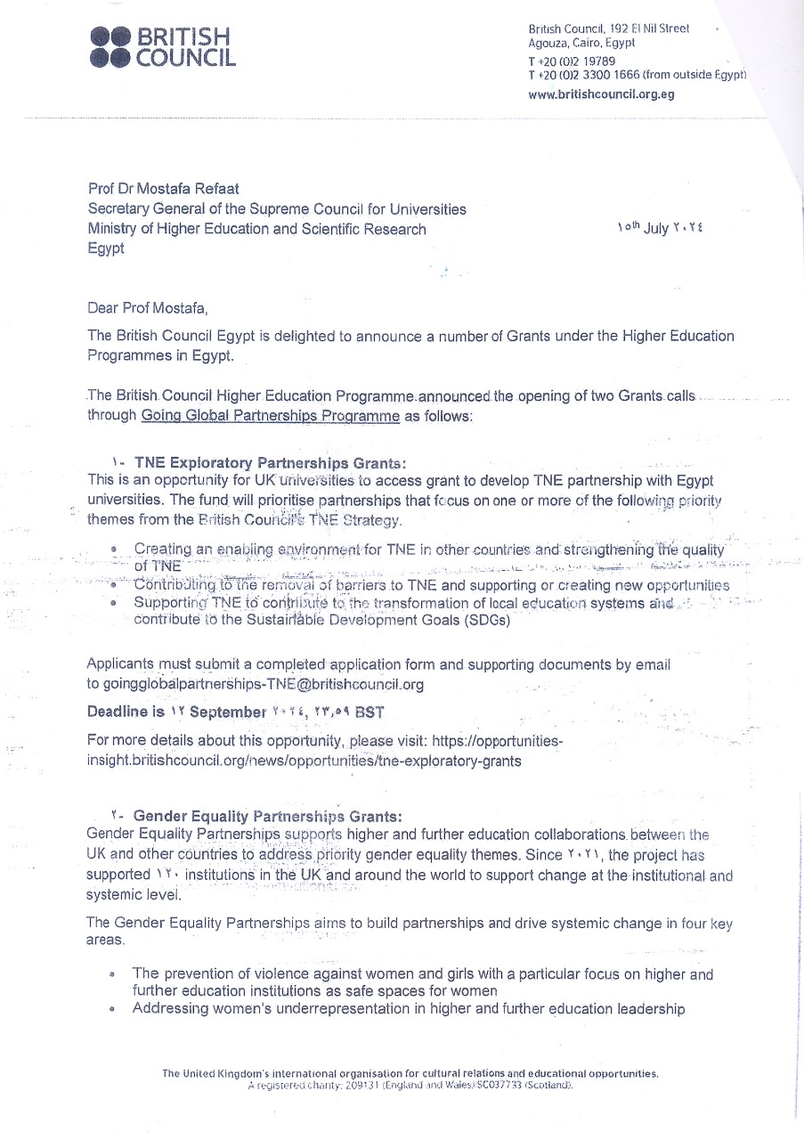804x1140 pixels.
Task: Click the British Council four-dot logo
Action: coord(111,47)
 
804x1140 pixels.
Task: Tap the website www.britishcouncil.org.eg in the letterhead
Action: coord(601,94)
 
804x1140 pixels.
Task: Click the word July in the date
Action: coord(656,228)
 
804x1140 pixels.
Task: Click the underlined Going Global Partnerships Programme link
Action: coord(270,415)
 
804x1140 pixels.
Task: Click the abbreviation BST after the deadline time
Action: coord(369,712)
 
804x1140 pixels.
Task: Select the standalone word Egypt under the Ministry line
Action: coord(106,248)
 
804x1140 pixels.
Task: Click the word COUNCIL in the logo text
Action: coord(185,58)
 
